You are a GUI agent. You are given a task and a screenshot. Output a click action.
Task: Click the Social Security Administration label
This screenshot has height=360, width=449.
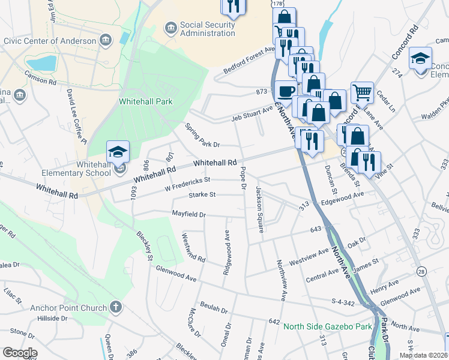coord(208,29)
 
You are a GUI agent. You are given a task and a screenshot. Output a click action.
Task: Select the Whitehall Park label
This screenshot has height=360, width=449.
coord(145,101)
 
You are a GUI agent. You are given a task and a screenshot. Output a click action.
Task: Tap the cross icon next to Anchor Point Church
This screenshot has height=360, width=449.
coord(116,307)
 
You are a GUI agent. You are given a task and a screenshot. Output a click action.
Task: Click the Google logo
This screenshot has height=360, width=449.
coord(20,353)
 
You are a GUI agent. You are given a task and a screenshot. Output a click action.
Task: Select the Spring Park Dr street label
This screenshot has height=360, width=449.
coord(202,136)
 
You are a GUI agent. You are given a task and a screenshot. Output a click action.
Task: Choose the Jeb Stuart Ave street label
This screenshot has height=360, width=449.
coord(252,113)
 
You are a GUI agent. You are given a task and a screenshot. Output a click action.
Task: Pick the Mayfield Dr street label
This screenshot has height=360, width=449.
coord(188,214)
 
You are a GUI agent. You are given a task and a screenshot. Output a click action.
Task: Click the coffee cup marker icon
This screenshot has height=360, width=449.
coord(285,91)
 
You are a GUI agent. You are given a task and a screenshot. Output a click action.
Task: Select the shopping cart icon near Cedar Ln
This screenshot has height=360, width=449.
coord(362,93)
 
